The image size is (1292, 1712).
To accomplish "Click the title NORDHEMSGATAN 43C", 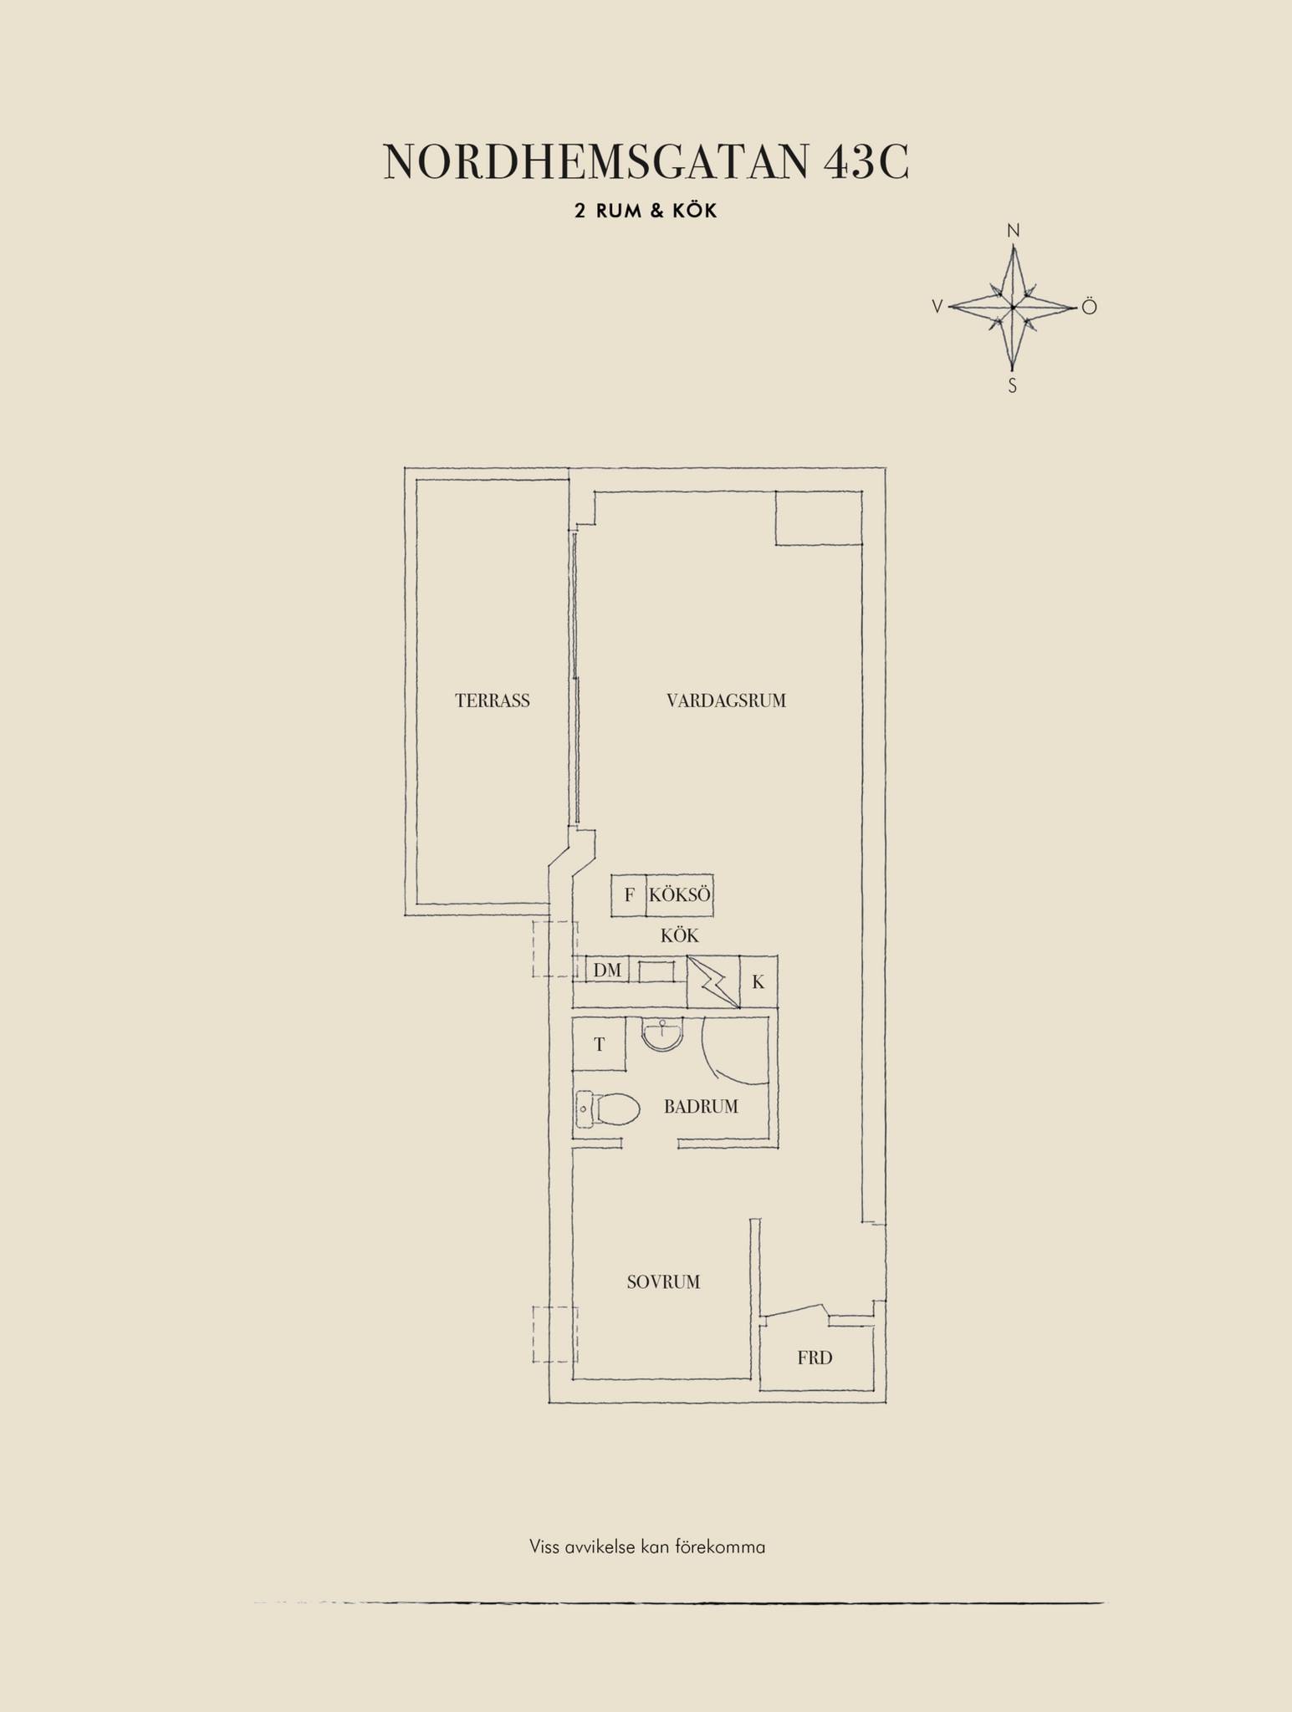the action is coord(646,161).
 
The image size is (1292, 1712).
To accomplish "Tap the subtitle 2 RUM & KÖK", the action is coord(646,211).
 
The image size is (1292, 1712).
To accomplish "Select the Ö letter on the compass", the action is coord(1088,307).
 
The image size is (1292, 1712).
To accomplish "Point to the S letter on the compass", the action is coord(1012,386).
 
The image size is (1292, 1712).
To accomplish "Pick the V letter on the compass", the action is coord(938,307).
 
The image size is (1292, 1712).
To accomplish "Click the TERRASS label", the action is coord(493,701).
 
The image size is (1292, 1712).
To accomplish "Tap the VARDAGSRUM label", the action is coord(726,701).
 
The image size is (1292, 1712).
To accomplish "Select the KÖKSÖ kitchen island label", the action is coord(680,894).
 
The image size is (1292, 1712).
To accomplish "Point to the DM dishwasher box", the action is coord(608,970).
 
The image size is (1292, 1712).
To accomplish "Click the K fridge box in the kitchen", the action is coord(758,981).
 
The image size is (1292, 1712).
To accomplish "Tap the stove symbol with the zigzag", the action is coord(713,981).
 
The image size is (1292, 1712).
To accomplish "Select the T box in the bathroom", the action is coord(599,1044).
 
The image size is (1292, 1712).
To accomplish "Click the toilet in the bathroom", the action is coord(608,1109).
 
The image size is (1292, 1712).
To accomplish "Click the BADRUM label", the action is coord(701,1107).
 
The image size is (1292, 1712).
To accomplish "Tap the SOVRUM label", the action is coord(663,1281).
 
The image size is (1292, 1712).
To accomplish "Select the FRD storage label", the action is coord(815,1358).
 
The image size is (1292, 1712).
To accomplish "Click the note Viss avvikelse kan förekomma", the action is coord(647,1546).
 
